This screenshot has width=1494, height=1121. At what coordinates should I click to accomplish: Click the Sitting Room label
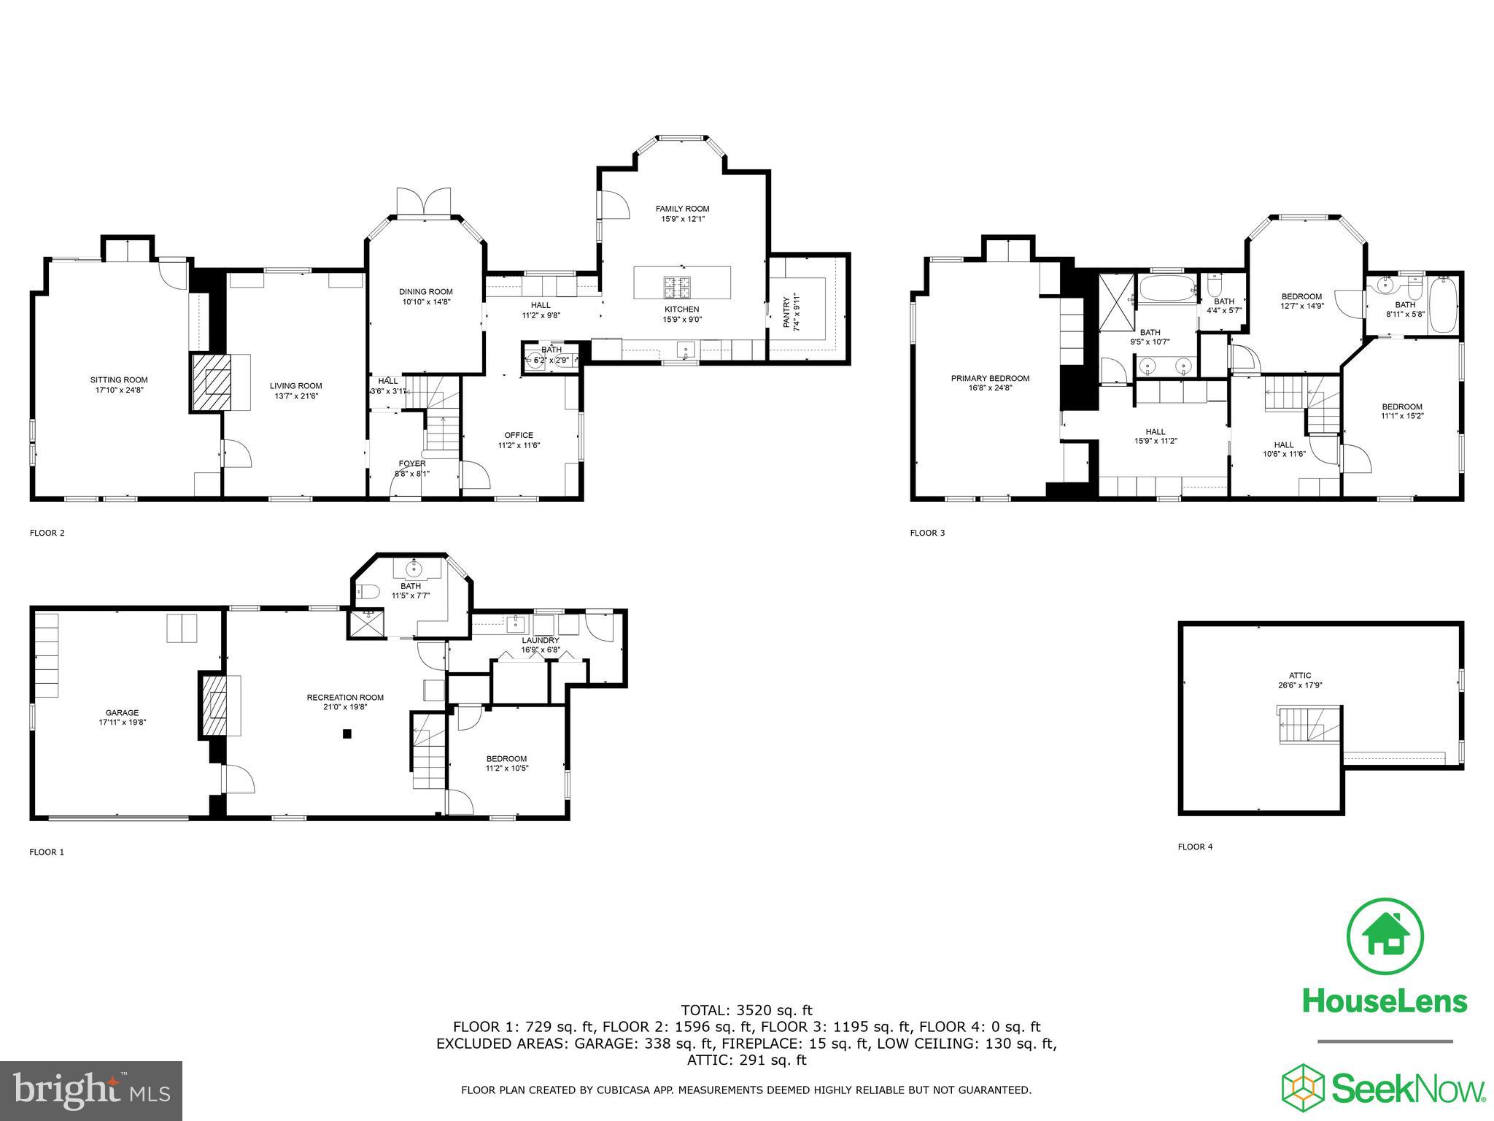coord(119,380)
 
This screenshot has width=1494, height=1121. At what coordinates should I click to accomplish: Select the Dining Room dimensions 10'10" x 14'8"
coord(427,301)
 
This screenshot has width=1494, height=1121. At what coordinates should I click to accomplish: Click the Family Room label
coord(682,209)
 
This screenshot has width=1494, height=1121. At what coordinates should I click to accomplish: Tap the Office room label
coord(519,435)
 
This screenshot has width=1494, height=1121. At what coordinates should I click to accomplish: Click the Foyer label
coord(411,463)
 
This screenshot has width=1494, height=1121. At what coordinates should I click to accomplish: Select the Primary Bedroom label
coord(990,378)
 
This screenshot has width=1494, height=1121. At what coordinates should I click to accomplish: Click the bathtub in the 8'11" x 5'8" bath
coord(1442,312)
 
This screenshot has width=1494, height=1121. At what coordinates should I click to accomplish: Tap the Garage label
coord(122,712)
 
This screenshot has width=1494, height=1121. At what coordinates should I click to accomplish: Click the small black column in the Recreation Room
coord(348,733)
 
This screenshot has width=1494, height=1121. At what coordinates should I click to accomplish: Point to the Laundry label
coord(540,640)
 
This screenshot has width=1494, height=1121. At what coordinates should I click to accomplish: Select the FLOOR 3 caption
coord(927,533)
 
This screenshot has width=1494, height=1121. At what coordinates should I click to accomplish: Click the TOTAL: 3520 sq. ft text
coord(746,1011)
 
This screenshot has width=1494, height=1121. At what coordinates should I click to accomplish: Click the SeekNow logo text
coord(1408,1089)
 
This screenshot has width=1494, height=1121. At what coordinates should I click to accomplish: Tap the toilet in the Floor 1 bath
coord(366,590)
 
